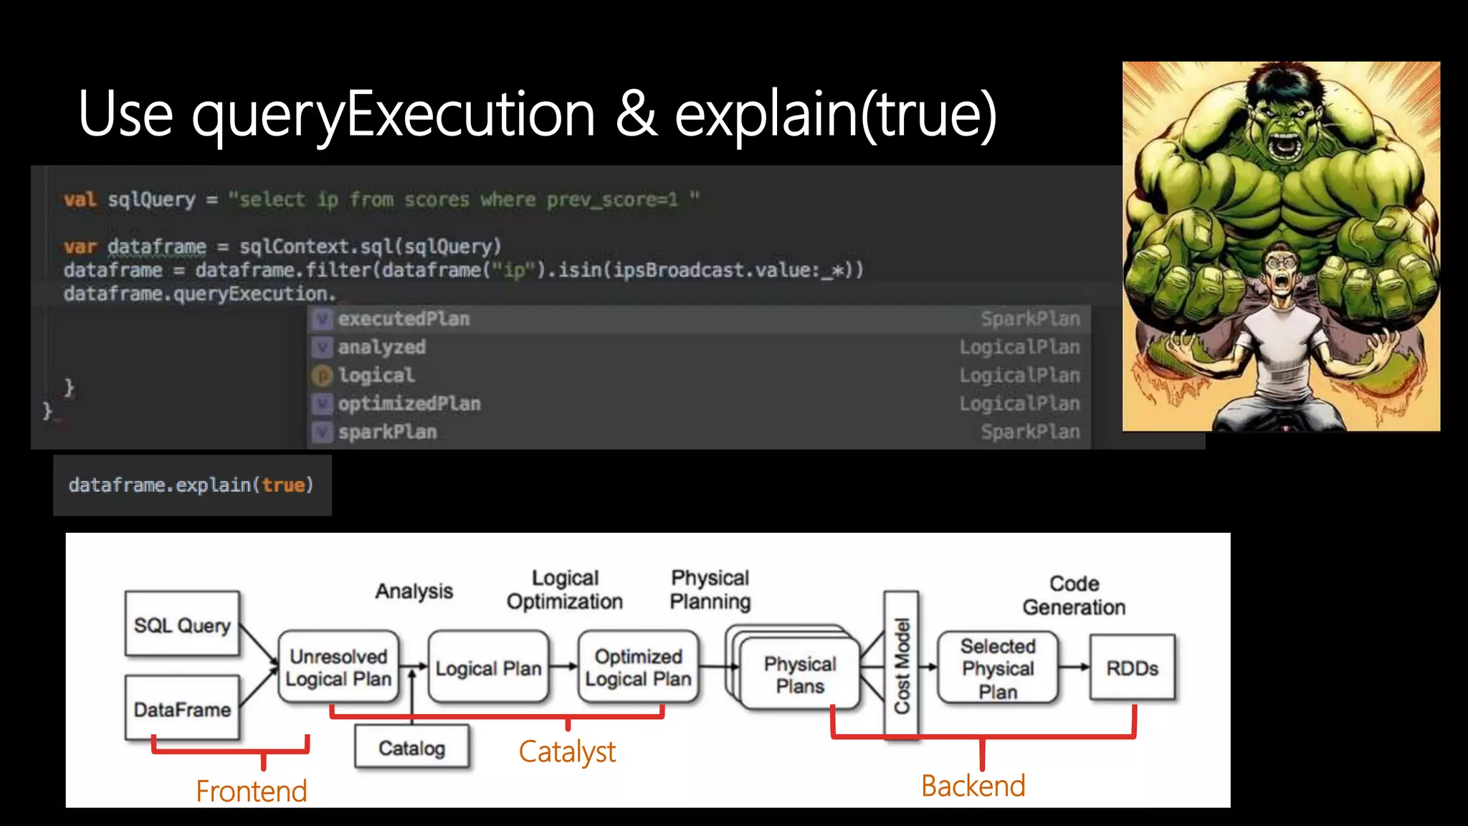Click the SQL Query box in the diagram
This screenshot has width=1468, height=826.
[x=182, y=624]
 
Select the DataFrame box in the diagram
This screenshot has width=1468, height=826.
[x=182, y=708]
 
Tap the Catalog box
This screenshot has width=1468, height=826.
[x=411, y=748]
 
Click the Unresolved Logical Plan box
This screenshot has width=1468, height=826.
[x=338, y=668]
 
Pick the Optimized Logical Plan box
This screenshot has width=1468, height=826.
[x=638, y=668]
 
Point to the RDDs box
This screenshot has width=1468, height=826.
[x=1132, y=668]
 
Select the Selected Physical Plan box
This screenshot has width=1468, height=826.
[x=998, y=668]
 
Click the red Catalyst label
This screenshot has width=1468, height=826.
[x=567, y=751]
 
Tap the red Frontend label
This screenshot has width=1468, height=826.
[x=252, y=791]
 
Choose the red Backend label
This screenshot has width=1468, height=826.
[x=973, y=786]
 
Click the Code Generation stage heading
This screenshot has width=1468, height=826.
[x=1074, y=595]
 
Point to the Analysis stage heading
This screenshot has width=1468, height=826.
[x=414, y=591]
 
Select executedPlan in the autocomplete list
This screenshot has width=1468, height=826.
[x=404, y=319]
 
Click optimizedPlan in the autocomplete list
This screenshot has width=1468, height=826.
[x=409, y=404]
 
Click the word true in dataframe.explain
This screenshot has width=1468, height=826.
[x=283, y=485]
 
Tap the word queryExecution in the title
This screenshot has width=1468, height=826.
[x=393, y=115]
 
